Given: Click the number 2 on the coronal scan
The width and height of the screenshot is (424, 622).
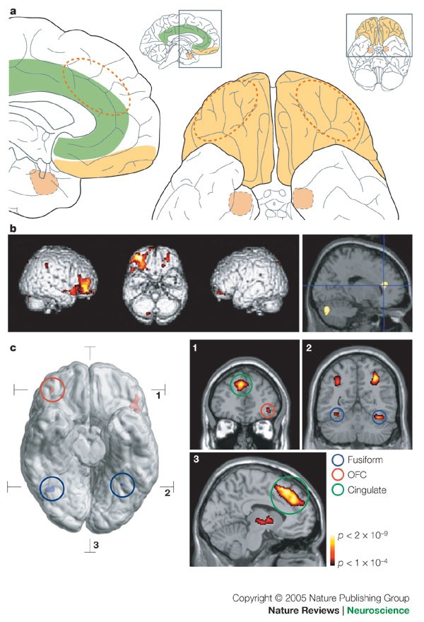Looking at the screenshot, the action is (309, 349).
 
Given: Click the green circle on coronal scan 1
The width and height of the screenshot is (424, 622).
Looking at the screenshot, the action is (242, 385).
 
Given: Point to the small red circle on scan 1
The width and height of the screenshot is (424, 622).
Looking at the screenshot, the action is (267, 411).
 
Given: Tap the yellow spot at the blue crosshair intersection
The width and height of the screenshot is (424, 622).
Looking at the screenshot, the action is (386, 286).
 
